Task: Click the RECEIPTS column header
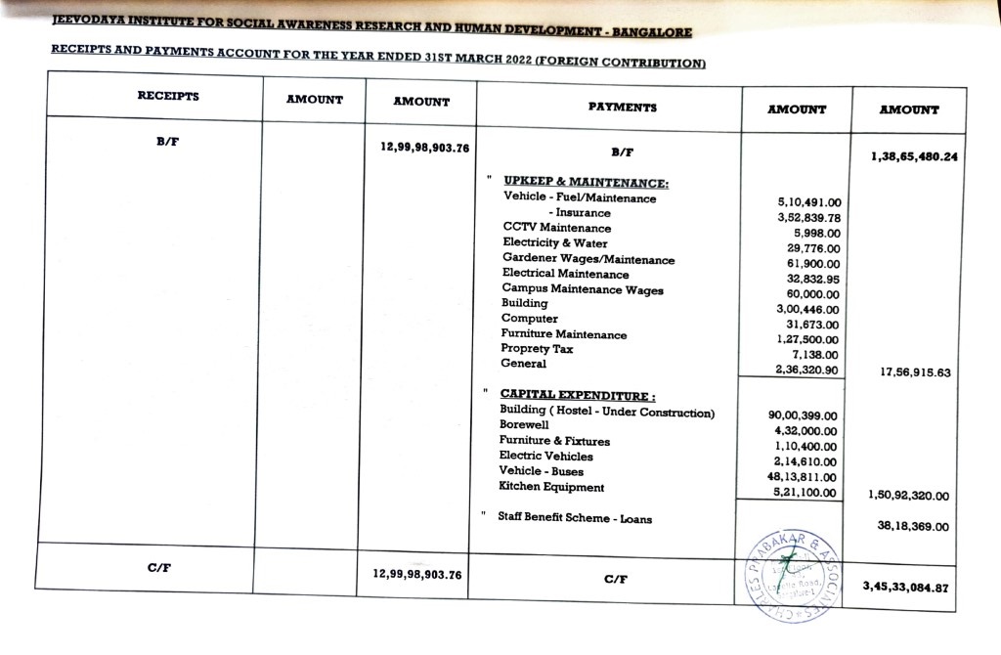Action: pyautogui.click(x=168, y=96)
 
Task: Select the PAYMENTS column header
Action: pyautogui.click(x=622, y=107)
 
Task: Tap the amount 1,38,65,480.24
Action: pyautogui.click(x=913, y=156)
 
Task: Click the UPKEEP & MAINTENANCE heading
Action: pyautogui.click(x=586, y=182)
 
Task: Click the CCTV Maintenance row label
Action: pyautogui.click(x=557, y=228)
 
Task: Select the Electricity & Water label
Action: pyautogui.click(x=555, y=242)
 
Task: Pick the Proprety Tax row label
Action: pyautogui.click(x=537, y=349)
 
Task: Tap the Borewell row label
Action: pyautogui.click(x=524, y=425)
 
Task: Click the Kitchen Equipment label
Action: pyautogui.click(x=551, y=487)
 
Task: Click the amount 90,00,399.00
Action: pyautogui.click(x=804, y=415)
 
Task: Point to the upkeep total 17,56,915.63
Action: pyautogui.click(x=915, y=372)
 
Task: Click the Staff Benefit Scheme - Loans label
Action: pyautogui.click(x=575, y=518)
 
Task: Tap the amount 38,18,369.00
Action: pyautogui.click(x=913, y=527)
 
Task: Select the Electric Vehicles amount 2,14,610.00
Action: pyautogui.click(x=805, y=461)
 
